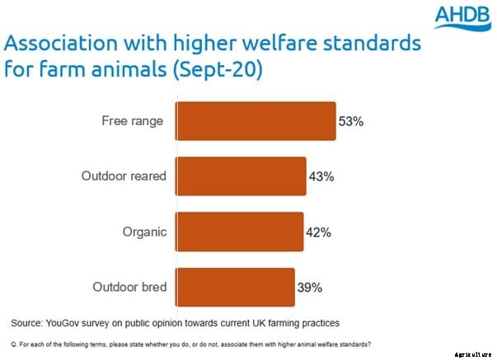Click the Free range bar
(256, 121)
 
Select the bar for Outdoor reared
(241, 176)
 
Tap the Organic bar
(239, 232)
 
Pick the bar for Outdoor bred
(235, 288)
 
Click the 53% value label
(350, 122)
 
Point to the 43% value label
(321, 177)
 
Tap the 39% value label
(309, 288)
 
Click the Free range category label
(132, 121)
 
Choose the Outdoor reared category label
(124, 176)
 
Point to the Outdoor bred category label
(128, 288)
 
